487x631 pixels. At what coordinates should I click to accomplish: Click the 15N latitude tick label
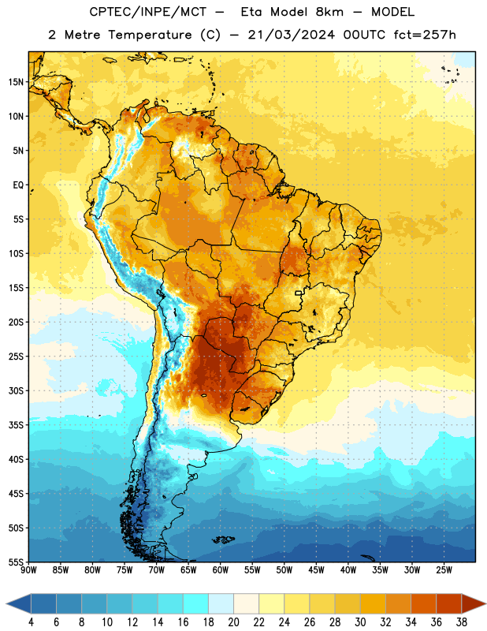point(16,82)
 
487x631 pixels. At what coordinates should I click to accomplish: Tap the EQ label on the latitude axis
point(18,185)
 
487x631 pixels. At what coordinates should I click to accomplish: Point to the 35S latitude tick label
point(16,425)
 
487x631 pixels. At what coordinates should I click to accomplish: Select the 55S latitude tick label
point(16,562)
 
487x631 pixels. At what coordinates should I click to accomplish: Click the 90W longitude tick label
point(29,570)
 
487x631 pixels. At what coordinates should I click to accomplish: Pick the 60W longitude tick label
point(221,570)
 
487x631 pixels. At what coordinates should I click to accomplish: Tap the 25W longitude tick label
point(444,570)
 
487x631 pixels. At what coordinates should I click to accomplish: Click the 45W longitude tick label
point(316,570)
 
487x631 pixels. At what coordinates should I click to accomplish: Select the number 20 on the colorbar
point(233,622)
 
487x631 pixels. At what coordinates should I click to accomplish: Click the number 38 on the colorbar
point(462,622)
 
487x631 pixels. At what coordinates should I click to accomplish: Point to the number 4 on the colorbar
point(31,622)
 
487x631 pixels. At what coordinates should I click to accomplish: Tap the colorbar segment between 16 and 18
point(196,603)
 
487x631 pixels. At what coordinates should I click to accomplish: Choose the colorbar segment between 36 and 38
point(449,603)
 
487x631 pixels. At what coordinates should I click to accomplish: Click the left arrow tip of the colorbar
point(6,603)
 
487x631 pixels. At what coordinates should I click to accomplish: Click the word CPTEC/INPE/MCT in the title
point(147,12)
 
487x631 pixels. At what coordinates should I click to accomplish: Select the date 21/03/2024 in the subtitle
point(291,35)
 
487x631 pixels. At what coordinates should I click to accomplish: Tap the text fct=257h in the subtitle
point(425,35)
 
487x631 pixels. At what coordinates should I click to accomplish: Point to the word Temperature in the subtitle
point(150,35)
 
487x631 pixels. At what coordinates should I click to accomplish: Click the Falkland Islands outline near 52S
point(224,540)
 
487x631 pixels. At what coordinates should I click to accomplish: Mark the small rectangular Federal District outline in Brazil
point(299,293)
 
